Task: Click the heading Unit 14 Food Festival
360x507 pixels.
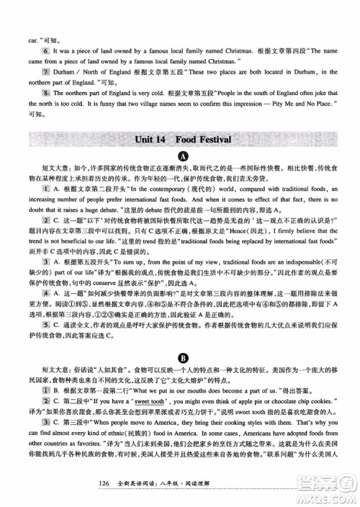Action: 179,138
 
